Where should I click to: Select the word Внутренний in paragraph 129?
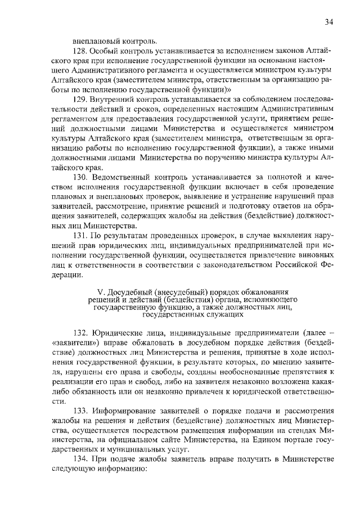116,98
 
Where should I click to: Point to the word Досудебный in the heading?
130,292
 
